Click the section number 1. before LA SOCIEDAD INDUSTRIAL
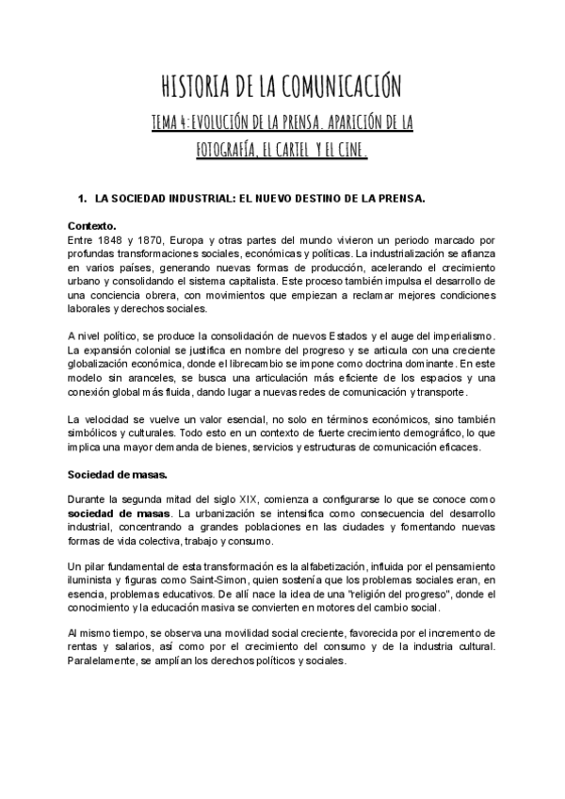coord(81,199)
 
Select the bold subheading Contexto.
coord(92,227)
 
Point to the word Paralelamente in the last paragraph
coord(105,660)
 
